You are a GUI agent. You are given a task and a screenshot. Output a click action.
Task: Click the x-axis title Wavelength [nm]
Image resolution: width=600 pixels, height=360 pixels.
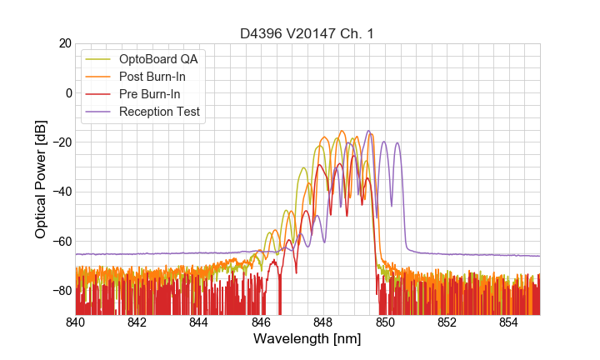[307, 339]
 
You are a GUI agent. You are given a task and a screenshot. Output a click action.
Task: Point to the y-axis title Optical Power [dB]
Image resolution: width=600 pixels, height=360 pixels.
[41, 178]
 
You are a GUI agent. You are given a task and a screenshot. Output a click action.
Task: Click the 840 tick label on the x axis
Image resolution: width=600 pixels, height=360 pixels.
[76, 322]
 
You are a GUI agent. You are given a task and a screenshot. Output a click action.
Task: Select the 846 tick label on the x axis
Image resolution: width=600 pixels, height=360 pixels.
[262, 322]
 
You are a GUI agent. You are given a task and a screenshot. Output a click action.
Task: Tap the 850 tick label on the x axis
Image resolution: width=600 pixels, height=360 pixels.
[385, 322]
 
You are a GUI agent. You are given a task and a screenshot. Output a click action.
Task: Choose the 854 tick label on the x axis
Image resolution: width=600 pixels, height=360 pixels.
[509, 322]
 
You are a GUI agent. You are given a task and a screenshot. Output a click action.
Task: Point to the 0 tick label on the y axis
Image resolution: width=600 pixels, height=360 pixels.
[67, 92]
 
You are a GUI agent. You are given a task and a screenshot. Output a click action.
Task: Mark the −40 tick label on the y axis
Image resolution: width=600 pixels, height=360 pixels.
[60, 192]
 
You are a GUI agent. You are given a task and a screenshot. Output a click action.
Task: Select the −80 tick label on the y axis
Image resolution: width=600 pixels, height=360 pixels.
[60, 291]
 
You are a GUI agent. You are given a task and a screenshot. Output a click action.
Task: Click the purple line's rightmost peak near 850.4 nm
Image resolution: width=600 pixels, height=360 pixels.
[397, 143]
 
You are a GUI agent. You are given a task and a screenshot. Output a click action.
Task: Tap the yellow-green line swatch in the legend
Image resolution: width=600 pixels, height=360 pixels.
[100, 59]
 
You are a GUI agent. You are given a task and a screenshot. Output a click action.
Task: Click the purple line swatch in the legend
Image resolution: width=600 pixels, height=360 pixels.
[100, 112]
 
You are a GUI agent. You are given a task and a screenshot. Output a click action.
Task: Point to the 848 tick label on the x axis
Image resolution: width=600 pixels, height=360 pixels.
[323, 322]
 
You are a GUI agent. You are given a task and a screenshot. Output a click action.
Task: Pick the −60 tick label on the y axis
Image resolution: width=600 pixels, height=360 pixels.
[60, 242]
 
